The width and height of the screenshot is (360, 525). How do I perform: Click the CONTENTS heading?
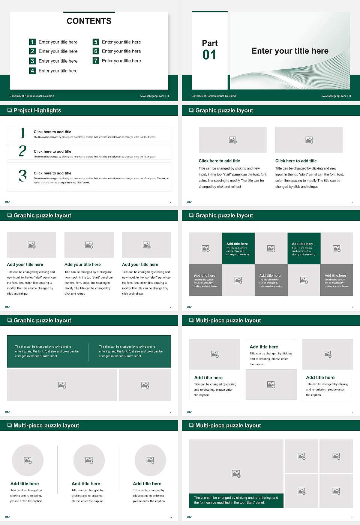89,21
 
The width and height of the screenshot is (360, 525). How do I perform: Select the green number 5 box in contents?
96,42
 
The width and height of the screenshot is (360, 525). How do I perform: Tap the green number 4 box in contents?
32,70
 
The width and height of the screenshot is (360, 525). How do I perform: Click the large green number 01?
209,55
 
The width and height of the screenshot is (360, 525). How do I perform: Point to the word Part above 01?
210,43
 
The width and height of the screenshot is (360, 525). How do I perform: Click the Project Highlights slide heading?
37,110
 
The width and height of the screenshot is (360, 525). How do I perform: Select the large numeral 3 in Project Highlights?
22,175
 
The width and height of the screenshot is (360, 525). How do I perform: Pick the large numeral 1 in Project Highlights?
22,133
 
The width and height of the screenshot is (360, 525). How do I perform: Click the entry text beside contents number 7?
121,61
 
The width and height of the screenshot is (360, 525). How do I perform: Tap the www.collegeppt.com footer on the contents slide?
152,96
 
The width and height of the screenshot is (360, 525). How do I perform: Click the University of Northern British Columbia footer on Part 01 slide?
214,96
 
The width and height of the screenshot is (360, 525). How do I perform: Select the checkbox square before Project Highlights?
9,110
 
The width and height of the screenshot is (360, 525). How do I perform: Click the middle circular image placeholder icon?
89,460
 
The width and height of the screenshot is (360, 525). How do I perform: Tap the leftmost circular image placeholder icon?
27,460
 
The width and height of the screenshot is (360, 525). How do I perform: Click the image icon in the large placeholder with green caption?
236,474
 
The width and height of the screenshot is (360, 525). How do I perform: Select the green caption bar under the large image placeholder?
236,500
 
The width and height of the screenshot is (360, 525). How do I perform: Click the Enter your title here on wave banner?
290,51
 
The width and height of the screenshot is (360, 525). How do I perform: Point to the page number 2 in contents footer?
168,96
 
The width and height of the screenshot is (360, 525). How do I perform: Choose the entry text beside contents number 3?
58,61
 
